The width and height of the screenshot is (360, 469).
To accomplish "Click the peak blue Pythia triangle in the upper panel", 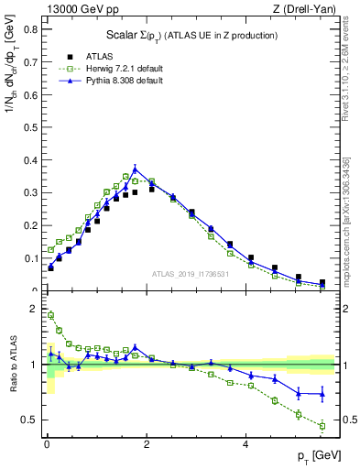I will click(x=135, y=169).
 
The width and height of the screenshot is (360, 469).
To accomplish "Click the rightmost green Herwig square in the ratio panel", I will click(x=322, y=426).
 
